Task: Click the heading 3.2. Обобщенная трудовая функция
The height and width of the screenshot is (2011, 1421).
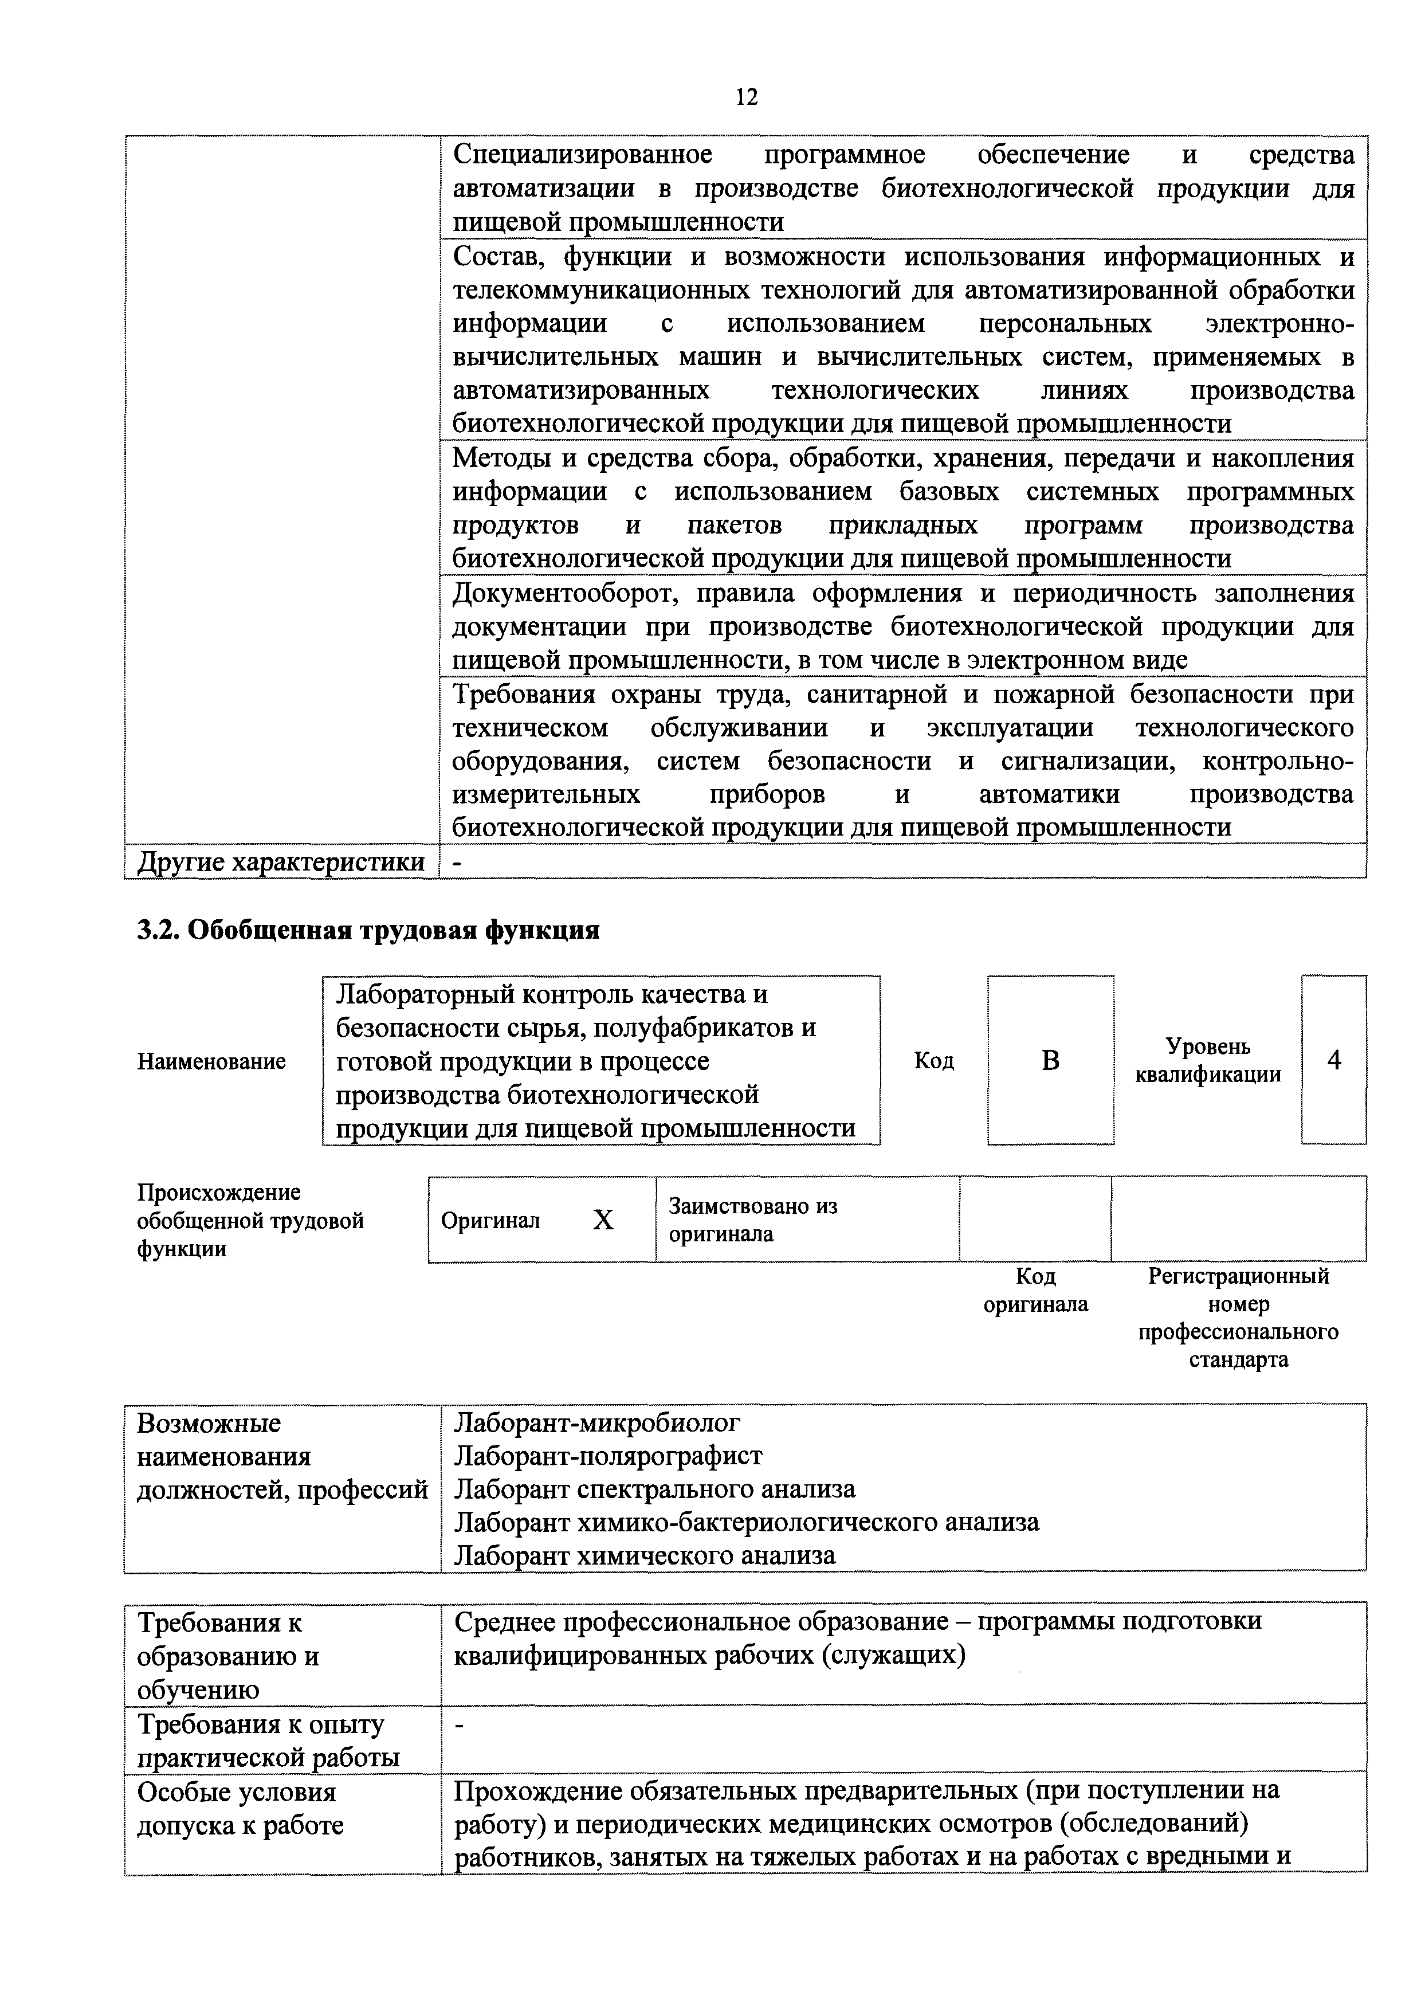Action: [368, 930]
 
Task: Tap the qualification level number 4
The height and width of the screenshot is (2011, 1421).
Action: [1333, 1061]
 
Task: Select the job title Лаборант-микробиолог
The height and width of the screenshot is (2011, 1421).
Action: [597, 1422]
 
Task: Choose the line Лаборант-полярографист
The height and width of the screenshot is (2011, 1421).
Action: [607, 1456]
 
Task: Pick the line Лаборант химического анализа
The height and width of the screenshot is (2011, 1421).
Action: [645, 1555]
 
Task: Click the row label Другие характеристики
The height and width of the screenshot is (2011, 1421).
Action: [280, 862]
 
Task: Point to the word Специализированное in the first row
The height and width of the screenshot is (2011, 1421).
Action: [582, 155]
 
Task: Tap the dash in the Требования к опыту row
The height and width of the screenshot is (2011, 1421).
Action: [459, 1726]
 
